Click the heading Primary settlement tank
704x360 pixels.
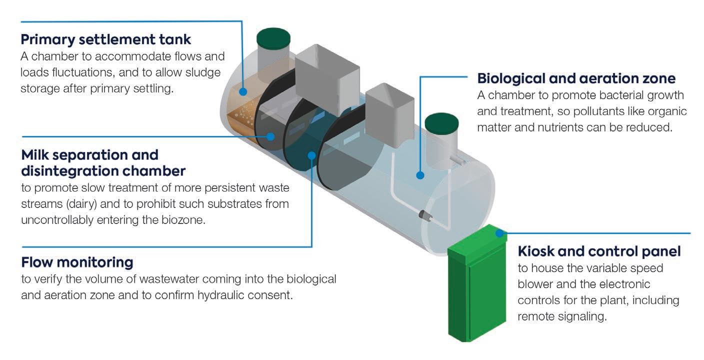(106, 39)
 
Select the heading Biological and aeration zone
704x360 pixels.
(576, 78)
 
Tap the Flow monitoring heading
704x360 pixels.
(77, 261)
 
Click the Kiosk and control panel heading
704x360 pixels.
(599, 251)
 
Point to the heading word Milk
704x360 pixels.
(36, 154)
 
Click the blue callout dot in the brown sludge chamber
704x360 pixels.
(243, 91)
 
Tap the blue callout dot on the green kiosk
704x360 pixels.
(498, 232)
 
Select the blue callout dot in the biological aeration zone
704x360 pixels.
(420, 175)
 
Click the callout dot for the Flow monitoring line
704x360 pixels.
(311, 155)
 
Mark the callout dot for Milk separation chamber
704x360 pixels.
(270, 136)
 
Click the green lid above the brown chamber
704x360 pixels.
(273, 38)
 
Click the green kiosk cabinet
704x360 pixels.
(475, 290)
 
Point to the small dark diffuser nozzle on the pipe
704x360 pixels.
(425, 215)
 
